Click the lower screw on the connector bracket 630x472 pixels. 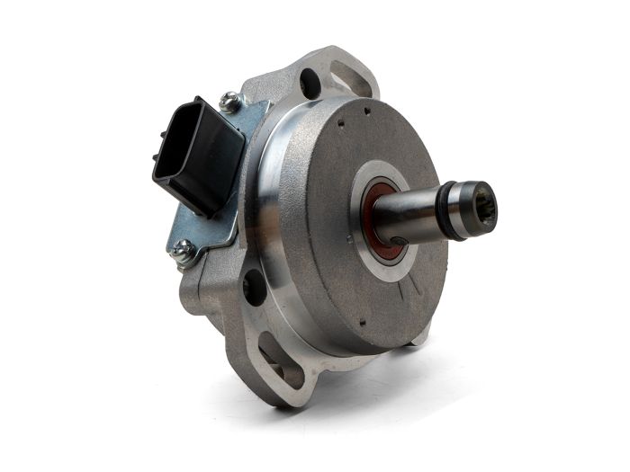(184, 254)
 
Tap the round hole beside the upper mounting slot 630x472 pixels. (310, 83)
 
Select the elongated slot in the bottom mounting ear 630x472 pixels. (281, 360)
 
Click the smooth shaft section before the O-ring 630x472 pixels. (409, 216)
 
